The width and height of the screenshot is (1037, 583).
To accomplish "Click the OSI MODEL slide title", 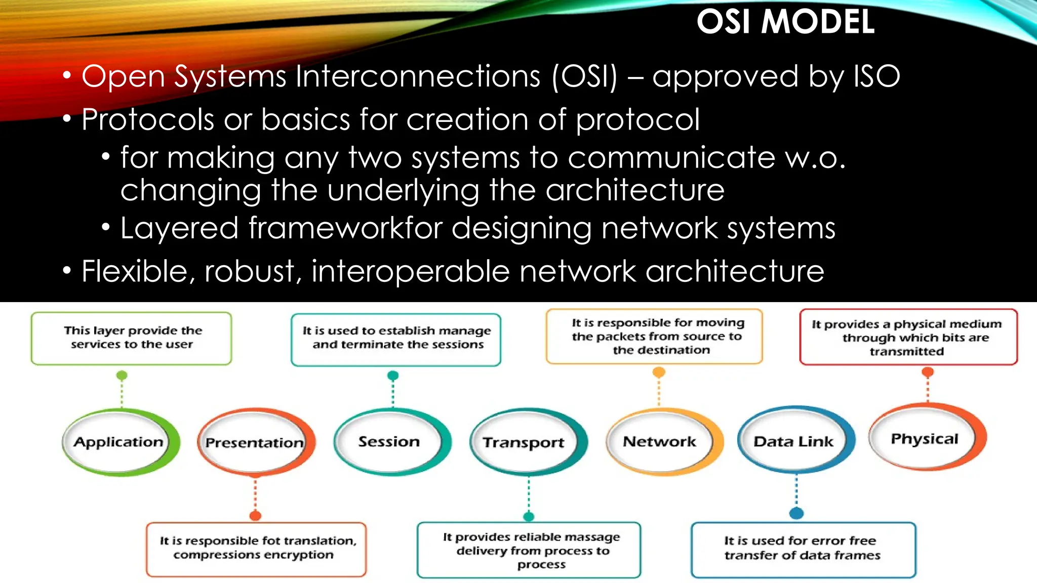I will point(785,22).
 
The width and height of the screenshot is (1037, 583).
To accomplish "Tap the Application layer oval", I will point(119,442).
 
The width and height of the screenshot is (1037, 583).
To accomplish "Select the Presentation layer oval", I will point(255,443).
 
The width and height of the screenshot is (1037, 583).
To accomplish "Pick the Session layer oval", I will point(389,442).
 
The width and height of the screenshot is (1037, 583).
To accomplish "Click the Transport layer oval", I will point(524,443).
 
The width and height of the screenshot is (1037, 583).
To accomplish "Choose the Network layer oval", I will point(660,442).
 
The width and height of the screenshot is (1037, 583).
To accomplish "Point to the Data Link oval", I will point(793,442).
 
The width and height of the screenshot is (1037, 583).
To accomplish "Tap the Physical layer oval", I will point(925,439).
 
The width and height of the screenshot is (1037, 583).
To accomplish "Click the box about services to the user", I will point(132,338).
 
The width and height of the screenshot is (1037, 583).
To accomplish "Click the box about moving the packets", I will point(654,337).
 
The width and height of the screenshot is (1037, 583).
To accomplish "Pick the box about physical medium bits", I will point(908,338).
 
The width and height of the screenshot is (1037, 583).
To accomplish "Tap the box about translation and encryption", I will point(256,549).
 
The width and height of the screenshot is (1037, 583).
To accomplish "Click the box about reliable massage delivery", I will point(529,550).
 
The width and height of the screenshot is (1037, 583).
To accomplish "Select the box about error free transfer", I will point(803,549).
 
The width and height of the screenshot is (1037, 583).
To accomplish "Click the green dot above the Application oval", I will point(122,376).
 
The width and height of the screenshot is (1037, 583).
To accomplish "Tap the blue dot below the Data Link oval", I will point(796,513).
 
